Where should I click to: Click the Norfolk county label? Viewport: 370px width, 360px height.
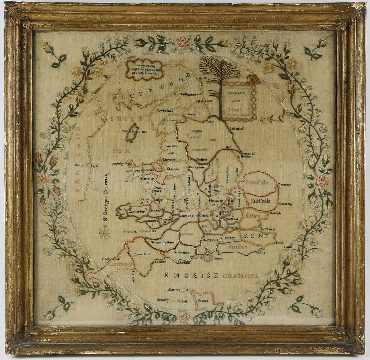(x=257, y=182)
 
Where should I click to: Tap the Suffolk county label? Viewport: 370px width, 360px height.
(x=261, y=201)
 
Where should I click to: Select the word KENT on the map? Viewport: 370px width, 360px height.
(x=256, y=236)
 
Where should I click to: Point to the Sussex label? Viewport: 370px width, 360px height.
(x=238, y=247)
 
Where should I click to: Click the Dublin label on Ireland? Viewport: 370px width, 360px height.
(x=79, y=165)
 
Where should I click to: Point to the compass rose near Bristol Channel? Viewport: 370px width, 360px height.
(x=105, y=233)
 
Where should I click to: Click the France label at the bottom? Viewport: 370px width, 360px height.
(x=203, y=301)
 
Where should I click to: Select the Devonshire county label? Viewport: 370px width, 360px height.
(x=142, y=254)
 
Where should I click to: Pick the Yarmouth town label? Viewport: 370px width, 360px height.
(x=285, y=184)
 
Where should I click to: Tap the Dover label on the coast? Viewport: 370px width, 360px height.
(x=279, y=242)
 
